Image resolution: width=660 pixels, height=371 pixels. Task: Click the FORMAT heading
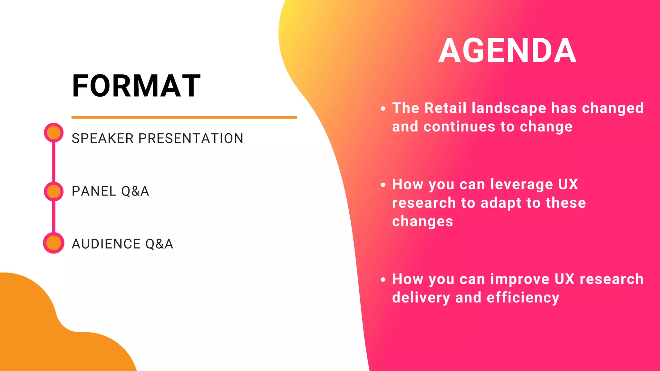pos(136,86)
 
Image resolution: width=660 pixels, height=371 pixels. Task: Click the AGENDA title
pos(507,51)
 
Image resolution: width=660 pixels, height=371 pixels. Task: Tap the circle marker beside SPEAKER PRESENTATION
pos(53,132)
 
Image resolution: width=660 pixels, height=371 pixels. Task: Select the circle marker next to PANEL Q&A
pos(53,191)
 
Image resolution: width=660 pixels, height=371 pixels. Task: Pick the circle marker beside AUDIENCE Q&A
pos(53,243)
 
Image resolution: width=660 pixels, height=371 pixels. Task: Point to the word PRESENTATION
pos(191,138)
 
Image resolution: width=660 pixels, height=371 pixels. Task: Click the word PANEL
pos(94,191)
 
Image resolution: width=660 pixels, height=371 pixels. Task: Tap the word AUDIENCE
pos(106,244)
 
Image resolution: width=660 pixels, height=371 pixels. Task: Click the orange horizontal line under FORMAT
pos(184,117)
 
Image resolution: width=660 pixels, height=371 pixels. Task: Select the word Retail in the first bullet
pos(445,108)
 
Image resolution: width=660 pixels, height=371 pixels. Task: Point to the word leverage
pos(521,185)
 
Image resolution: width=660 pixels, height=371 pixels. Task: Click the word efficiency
pos(523,298)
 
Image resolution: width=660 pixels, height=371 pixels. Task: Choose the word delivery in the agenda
pos(421,298)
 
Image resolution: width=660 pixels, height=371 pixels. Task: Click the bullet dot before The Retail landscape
pos(383,109)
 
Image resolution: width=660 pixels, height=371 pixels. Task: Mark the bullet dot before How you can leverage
pos(383,185)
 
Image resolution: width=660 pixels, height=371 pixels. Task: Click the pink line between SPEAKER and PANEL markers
pos(53,162)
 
